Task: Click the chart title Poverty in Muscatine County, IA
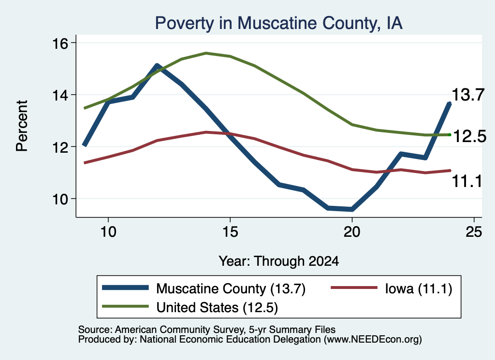(279, 23)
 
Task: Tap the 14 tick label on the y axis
(60, 95)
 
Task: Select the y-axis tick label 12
(60, 147)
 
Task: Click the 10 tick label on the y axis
(60, 200)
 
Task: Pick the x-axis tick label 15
(230, 232)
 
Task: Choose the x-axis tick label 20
(352, 232)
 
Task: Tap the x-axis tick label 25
(474, 232)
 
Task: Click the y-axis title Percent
(22, 126)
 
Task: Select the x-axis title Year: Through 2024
(279, 261)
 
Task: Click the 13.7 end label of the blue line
(468, 95)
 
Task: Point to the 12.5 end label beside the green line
(470, 137)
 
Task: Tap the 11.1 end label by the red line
(467, 181)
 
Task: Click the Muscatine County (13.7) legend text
(231, 288)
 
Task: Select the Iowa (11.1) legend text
(419, 288)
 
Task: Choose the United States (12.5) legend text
(217, 307)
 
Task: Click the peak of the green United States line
(206, 53)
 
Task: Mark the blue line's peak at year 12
(157, 66)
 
